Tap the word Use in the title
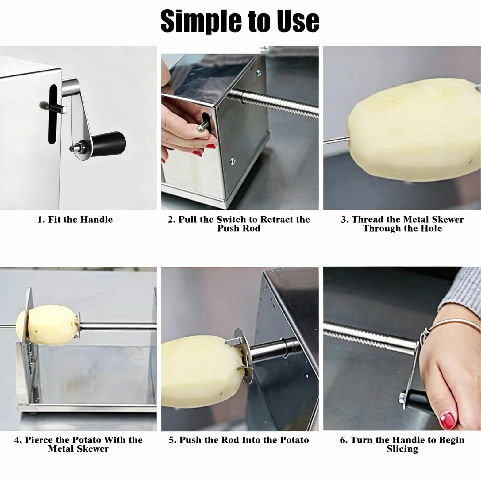[298, 21]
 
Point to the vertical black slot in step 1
[53, 114]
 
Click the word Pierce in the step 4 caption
[39, 440]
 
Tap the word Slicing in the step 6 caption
[402, 449]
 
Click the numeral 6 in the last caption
[343, 440]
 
